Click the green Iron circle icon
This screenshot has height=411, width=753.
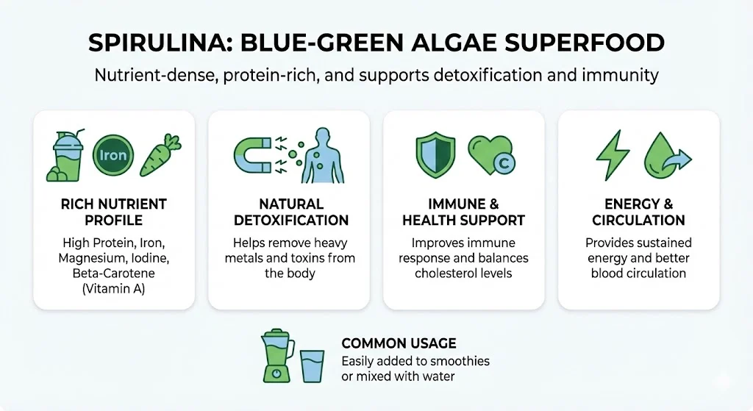113,155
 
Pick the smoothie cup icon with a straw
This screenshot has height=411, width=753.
65,155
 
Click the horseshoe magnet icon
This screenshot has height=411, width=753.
253,156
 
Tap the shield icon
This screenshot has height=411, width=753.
435,154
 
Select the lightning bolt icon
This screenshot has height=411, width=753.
613,155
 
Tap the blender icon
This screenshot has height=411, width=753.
277,356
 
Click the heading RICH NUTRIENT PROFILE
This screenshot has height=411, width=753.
114,212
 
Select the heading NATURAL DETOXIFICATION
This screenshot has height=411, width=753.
291,212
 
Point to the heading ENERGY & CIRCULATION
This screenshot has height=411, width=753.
639,212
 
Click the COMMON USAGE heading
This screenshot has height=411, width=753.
399,343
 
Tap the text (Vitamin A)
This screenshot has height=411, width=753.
114,288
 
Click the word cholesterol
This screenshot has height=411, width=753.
442,274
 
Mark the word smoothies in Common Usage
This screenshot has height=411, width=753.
460,361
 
